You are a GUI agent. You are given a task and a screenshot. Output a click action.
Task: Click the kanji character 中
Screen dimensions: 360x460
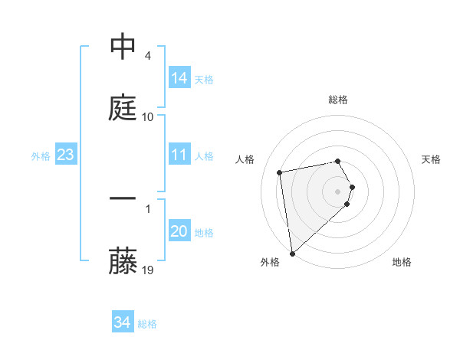click(123, 47)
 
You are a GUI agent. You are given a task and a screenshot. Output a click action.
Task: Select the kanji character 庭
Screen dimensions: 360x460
click(123, 108)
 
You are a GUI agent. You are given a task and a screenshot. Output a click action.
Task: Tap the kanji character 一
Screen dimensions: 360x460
click(123, 199)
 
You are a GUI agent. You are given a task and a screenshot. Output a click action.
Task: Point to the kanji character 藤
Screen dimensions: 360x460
click(123, 260)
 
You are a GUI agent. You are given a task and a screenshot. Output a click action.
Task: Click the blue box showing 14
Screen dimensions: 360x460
click(179, 78)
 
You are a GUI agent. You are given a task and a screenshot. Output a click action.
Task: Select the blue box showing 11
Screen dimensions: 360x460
click(179, 155)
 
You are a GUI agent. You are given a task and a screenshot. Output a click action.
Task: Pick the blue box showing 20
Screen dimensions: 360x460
click(179, 231)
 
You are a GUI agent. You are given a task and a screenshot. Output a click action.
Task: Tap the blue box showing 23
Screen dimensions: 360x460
click(66, 155)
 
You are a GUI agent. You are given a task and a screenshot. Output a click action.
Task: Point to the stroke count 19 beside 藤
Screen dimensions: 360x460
click(148, 270)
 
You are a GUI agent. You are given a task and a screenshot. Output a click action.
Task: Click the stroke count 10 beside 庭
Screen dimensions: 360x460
click(148, 116)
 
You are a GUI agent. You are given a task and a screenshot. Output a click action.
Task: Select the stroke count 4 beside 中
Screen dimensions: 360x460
click(147, 56)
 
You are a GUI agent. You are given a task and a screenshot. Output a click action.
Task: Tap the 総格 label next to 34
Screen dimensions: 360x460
click(147, 324)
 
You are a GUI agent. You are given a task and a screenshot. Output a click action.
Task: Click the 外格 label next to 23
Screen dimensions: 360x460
click(41, 156)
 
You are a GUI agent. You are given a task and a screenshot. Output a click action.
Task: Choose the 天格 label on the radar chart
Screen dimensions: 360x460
click(431, 159)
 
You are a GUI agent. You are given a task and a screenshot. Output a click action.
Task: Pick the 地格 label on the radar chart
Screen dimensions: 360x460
click(402, 262)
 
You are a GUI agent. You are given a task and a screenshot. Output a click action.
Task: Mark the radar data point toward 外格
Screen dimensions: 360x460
click(291, 253)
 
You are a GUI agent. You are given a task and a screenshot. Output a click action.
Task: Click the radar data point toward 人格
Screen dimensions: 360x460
click(280, 172)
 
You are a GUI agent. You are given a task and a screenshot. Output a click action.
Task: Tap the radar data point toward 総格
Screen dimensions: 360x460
click(337, 161)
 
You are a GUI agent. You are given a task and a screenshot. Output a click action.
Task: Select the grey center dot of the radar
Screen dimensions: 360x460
click(338, 191)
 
